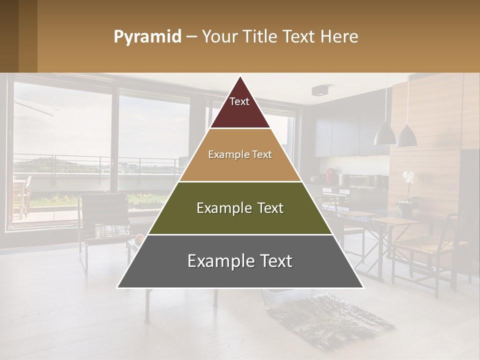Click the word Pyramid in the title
(x=147, y=37)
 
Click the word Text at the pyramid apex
(x=239, y=101)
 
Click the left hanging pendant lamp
(x=384, y=133)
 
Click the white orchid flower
(x=408, y=177)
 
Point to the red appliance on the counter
(x=330, y=175)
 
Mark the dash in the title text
(x=191, y=37)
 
